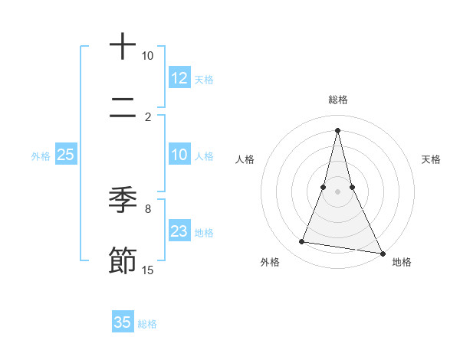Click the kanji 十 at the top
123,47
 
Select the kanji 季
123,200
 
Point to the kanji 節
123,260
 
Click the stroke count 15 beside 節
148,270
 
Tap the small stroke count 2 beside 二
148,116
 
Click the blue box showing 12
179,77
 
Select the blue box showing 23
179,231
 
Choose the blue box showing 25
66,155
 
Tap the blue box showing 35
123,322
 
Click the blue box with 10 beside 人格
179,155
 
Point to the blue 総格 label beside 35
147,324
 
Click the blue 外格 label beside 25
41,155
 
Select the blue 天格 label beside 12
204,79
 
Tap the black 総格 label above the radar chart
338,100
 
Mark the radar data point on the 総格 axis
337,129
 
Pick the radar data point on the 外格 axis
302,242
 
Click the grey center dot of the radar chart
337,191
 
